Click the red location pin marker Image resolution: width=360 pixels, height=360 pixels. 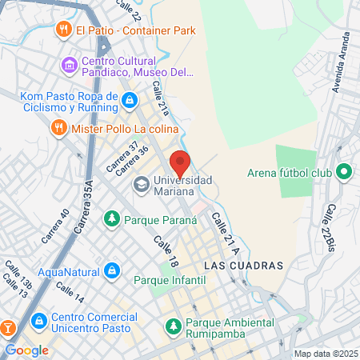[x=181, y=163]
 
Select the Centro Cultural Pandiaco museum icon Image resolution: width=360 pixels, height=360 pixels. [x=70, y=64]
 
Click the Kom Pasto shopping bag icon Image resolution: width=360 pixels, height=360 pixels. [x=130, y=99]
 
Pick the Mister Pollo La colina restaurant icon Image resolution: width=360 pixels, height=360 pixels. [x=58, y=127]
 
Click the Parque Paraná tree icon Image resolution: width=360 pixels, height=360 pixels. [x=112, y=218]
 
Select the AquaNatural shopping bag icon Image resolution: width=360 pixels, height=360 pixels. [x=112, y=270]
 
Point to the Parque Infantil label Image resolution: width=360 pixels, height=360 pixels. [x=170, y=280]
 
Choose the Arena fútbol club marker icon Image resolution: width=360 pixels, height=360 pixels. [x=344, y=172]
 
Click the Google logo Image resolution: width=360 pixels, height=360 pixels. [x=26, y=350]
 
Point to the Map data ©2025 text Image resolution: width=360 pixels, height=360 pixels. [x=324, y=354]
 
